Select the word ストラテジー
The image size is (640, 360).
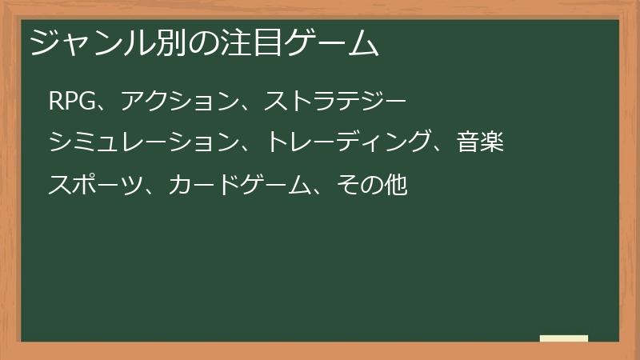pos(336,102)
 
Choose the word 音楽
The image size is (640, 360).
pos(480,143)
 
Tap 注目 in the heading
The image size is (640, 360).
pos(253,42)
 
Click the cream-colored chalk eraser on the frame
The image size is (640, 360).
pos(564,338)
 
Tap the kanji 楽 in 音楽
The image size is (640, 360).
pos(492,143)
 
